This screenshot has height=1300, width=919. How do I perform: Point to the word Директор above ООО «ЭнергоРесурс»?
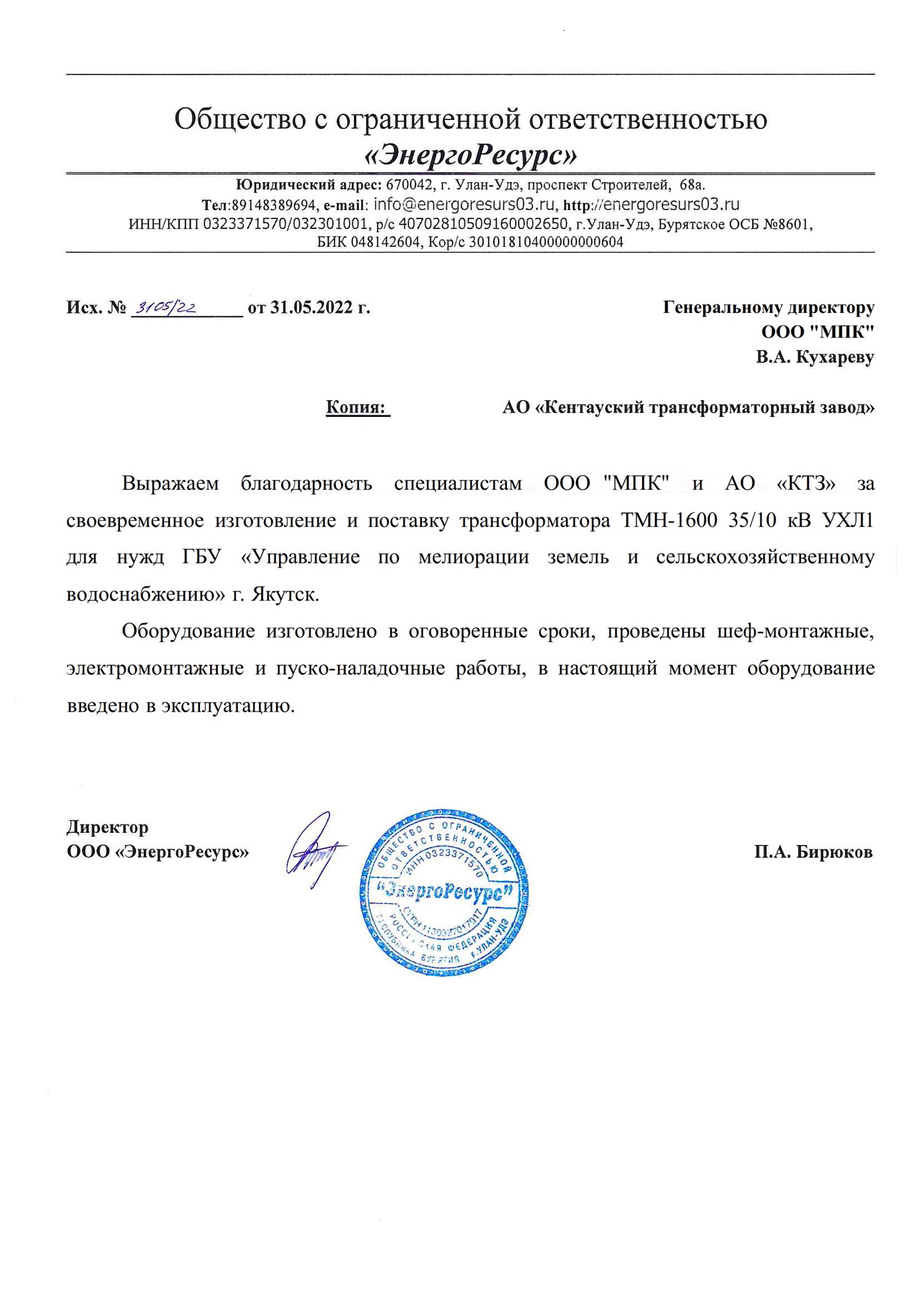108,827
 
